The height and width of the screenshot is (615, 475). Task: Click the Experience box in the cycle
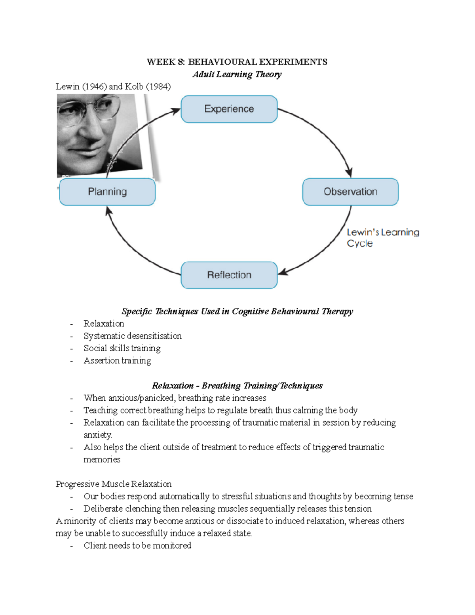coord(229,109)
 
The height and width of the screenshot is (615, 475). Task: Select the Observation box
coord(350,192)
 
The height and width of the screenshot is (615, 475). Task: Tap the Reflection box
coord(229,275)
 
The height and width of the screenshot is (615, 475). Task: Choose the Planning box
coord(107,192)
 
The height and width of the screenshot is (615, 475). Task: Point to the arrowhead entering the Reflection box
coord(283,272)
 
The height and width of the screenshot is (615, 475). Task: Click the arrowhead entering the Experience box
coord(175,111)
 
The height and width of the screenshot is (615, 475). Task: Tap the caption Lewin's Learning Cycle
coord(382,238)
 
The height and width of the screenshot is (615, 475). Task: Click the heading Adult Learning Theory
coord(237,74)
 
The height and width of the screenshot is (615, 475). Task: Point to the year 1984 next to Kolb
coord(158,86)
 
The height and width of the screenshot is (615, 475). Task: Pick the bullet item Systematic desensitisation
coord(133,336)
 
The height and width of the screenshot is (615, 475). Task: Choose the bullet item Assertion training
coord(117,360)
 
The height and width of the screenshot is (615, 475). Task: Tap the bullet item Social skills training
coord(122,348)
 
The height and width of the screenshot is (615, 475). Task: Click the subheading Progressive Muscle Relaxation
coord(114,484)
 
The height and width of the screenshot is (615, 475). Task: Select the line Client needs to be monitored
coord(137,545)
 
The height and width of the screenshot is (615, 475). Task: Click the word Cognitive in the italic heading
coord(250,311)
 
